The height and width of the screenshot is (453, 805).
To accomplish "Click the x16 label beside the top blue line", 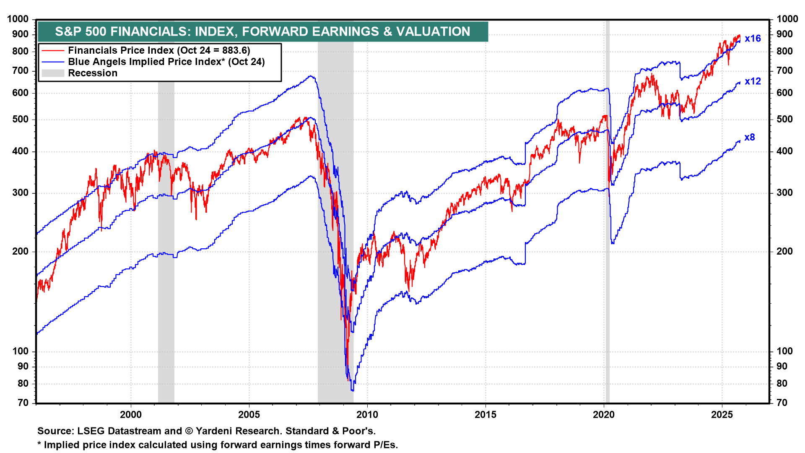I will click(x=753, y=39).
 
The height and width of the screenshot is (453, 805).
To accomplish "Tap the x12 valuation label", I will click(x=753, y=81).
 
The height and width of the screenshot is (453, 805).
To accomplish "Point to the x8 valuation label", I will click(x=749, y=138).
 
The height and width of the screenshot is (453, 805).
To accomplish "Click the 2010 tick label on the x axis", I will click(x=367, y=415).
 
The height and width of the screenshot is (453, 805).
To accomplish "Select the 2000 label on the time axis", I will click(x=131, y=415).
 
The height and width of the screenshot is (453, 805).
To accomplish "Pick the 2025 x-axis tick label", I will click(x=722, y=415).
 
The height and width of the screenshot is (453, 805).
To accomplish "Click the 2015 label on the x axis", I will click(x=485, y=415).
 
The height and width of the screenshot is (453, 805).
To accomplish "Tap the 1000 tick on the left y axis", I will click(x=18, y=19).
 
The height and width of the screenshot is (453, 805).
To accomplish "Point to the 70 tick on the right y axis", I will click(x=782, y=403).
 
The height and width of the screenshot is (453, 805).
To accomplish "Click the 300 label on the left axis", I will click(x=21, y=193).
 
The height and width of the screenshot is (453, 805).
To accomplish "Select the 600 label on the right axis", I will click(x=784, y=93).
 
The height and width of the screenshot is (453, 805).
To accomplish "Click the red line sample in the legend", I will click(x=53, y=51).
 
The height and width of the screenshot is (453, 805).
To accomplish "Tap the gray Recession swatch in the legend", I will click(x=53, y=73).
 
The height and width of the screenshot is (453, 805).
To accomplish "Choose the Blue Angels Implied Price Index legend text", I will click(x=166, y=62).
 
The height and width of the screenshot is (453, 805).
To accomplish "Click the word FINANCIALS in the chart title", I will click(x=149, y=31).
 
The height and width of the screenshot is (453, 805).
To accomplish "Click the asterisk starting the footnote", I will click(x=39, y=445).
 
